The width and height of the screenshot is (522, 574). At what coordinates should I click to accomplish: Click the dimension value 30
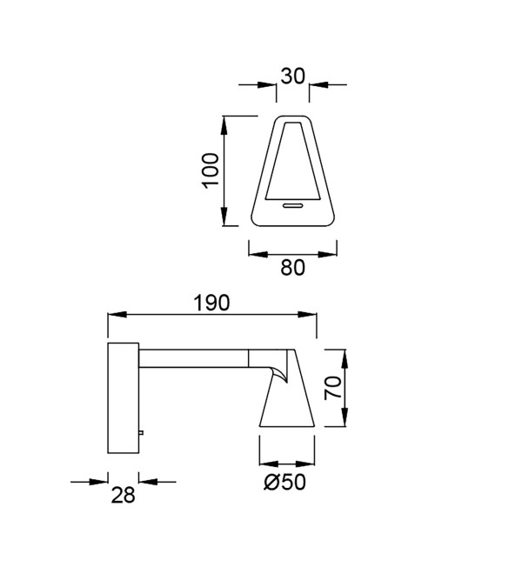[292, 77]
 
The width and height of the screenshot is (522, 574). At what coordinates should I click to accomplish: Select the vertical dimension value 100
[211, 170]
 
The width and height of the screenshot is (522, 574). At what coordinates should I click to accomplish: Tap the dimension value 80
[292, 267]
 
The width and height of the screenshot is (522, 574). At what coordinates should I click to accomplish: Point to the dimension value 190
[211, 303]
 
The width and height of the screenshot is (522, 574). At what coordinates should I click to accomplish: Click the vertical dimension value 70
[333, 388]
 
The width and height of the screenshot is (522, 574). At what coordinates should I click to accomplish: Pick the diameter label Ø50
[284, 482]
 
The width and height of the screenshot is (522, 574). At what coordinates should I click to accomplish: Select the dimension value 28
[123, 495]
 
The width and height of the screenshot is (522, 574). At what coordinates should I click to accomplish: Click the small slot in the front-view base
[292, 205]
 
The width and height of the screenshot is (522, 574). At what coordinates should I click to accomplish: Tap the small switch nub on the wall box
[141, 433]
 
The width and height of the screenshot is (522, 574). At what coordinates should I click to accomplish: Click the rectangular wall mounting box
[123, 398]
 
